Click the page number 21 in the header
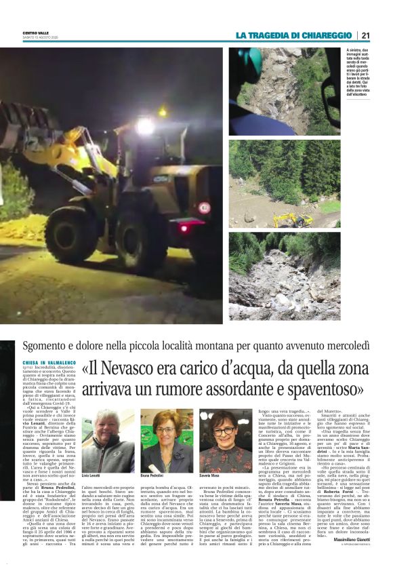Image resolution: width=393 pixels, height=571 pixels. (x=366, y=35)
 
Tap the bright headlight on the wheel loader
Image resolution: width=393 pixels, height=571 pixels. (x=145, y=127)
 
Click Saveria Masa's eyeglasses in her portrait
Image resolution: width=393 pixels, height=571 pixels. (x=224, y=432)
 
